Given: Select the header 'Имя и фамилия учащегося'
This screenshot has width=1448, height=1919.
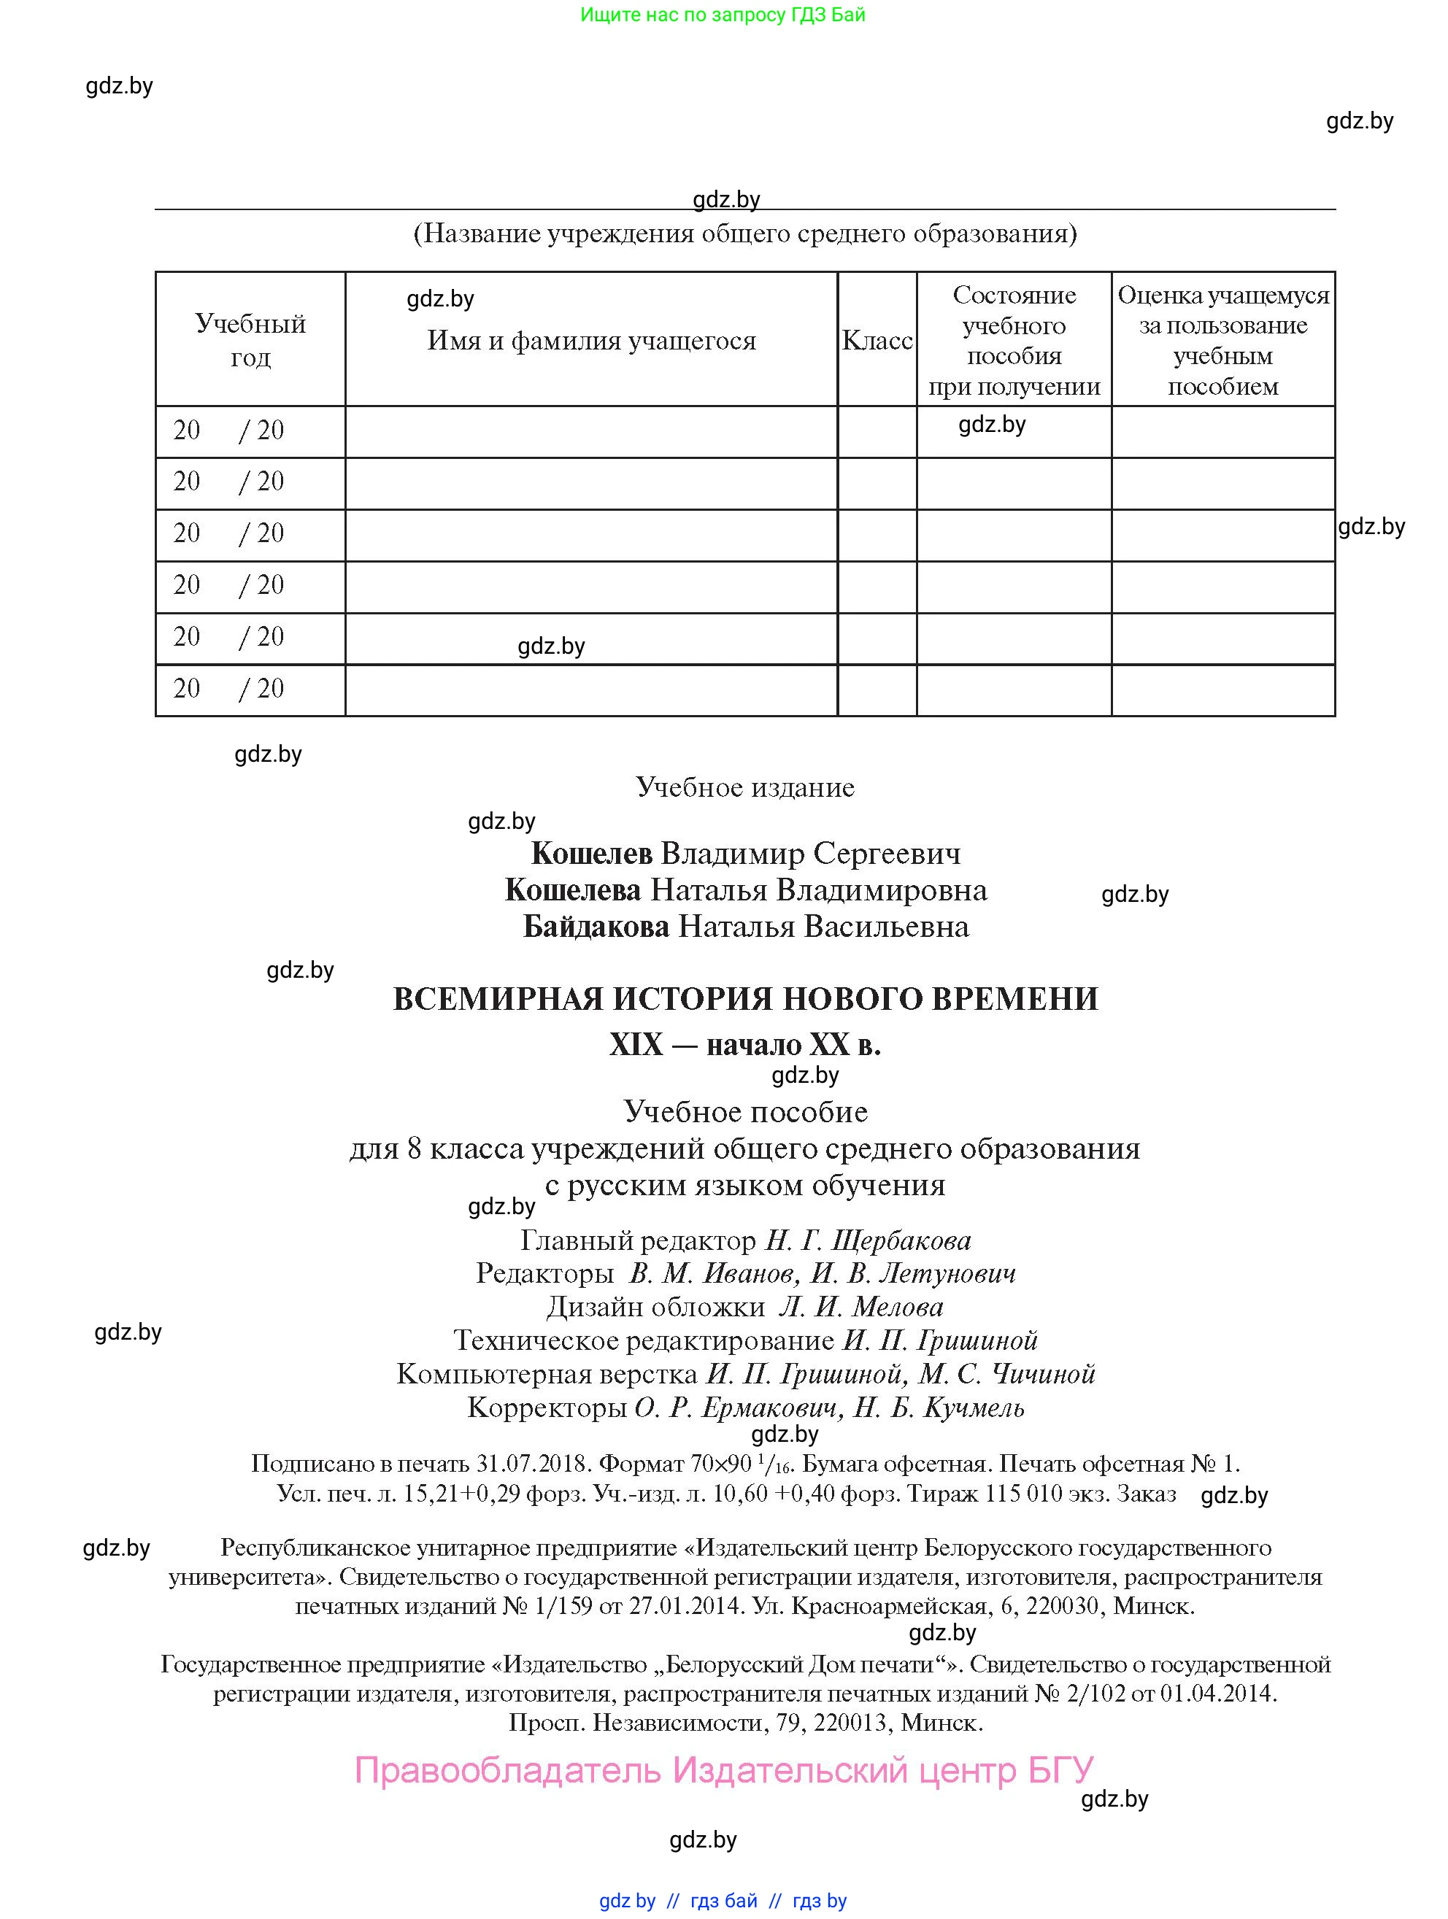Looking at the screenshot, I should [591, 340].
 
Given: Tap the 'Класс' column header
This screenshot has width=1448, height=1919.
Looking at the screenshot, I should [877, 340].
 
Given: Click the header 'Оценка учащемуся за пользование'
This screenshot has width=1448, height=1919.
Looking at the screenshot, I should [1222, 339].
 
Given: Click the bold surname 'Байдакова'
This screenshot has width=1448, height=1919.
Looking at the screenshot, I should [596, 927].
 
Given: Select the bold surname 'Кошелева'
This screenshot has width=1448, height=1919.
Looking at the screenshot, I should [573, 890].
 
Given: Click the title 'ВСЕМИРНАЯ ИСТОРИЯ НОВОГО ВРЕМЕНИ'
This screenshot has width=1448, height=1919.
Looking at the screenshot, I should [745, 999].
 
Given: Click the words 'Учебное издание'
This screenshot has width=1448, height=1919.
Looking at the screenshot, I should [745, 787].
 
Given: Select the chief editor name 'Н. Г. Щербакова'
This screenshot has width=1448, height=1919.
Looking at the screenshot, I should [868, 1240].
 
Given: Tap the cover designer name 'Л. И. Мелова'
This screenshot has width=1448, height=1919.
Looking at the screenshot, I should [860, 1307].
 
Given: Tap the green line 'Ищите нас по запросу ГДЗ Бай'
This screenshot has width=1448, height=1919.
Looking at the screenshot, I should [723, 15].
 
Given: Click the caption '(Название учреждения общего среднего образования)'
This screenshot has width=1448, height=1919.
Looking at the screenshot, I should [745, 233].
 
